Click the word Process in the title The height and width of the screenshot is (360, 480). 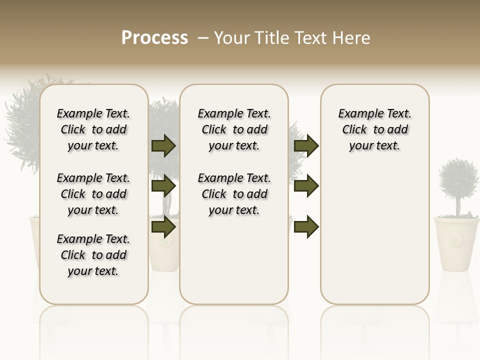coord(154,37)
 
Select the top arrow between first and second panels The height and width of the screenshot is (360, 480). coord(163,145)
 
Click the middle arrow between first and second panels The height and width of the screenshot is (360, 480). coord(163,186)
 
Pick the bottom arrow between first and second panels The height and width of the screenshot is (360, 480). coord(163,226)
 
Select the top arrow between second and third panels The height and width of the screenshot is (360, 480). coord(306,145)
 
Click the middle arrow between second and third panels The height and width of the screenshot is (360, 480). coord(306,186)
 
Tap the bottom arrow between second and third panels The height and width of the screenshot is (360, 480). coord(306,226)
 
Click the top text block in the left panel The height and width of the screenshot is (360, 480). coord(93,129)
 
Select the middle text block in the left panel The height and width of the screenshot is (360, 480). coord(93,194)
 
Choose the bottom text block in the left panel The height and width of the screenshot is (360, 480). coord(93,255)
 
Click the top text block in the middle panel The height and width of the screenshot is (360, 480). coord(234,129)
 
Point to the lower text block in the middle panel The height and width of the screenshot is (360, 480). coord(234,194)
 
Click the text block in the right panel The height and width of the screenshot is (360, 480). coord(375,129)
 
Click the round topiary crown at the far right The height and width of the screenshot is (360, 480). coord(458,179)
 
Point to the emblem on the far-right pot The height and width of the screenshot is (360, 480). coord(456,238)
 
